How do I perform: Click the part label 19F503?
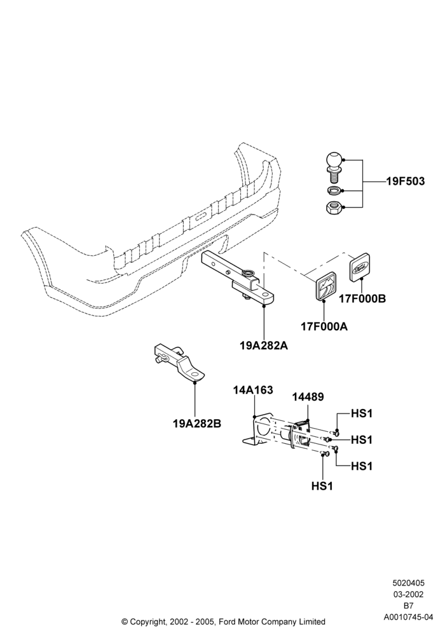tap(406, 181)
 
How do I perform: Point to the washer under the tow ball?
tap(334, 190)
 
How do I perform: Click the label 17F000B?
tap(362, 298)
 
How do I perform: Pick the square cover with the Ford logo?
tap(360, 266)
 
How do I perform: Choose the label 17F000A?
tap(324, 326)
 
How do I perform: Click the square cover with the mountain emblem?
tap(325, 286)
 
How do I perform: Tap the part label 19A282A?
tap(264, 346)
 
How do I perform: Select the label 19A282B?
tap(197, 424)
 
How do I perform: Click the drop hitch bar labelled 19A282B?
tap(180, 362)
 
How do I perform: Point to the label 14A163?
tap(253, 390)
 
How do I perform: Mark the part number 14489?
tap(308, 397)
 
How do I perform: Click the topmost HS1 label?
tap(362, 413)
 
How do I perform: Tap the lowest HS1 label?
tap(322, 486)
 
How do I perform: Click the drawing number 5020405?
tap(408, 583)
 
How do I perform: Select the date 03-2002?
tap(408, 594)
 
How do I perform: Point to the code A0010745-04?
tap(408, 617)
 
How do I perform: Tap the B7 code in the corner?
tap(408, 606)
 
